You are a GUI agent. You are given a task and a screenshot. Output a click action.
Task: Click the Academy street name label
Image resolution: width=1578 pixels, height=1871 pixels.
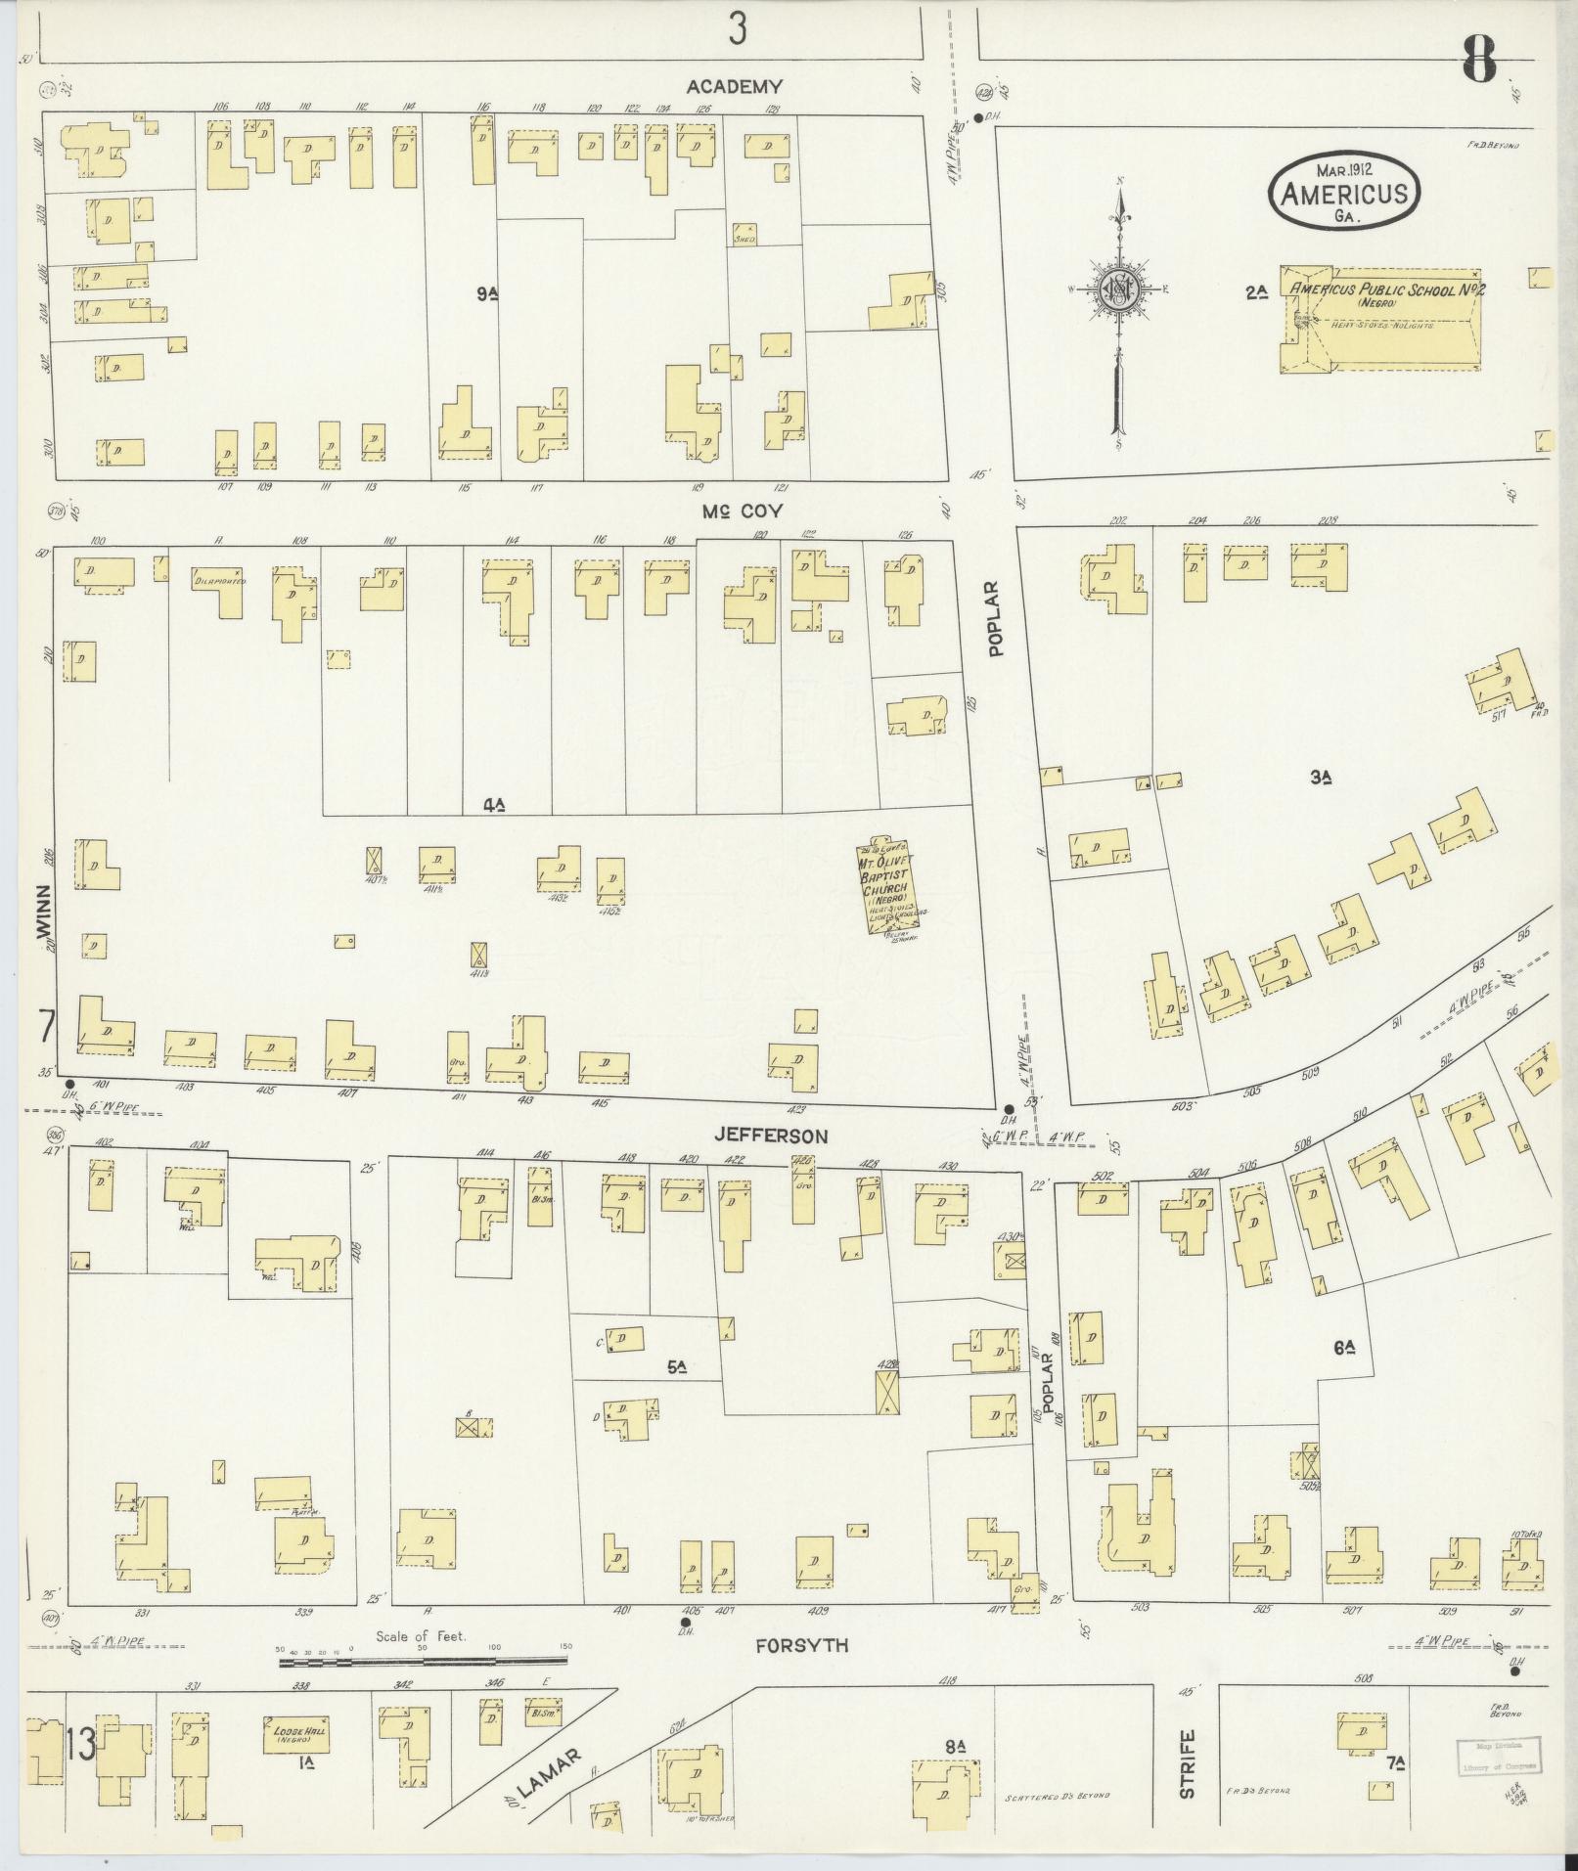tap(735, 87)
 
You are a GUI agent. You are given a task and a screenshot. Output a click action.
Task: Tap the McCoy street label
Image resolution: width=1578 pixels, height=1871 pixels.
tap(729, 512)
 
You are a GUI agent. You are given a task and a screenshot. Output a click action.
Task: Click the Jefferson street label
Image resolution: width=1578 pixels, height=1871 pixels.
tap(771, 1136)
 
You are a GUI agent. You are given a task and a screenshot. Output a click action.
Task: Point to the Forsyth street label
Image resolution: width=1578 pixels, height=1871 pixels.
tap(801, 1646)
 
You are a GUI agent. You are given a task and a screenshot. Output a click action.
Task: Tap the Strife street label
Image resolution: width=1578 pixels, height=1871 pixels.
tap(1187, 1764)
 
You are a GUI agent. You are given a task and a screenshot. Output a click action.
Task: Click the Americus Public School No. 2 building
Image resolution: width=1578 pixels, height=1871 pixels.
tap(1381, 319)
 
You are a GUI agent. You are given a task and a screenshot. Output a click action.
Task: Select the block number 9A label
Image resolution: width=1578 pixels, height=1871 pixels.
tap(486, 292)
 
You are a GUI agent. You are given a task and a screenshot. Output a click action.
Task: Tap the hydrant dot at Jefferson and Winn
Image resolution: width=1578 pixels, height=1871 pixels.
tap(69, 1084)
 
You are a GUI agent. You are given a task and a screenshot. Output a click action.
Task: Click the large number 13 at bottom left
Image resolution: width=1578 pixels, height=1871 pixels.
tap(80, 1744)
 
